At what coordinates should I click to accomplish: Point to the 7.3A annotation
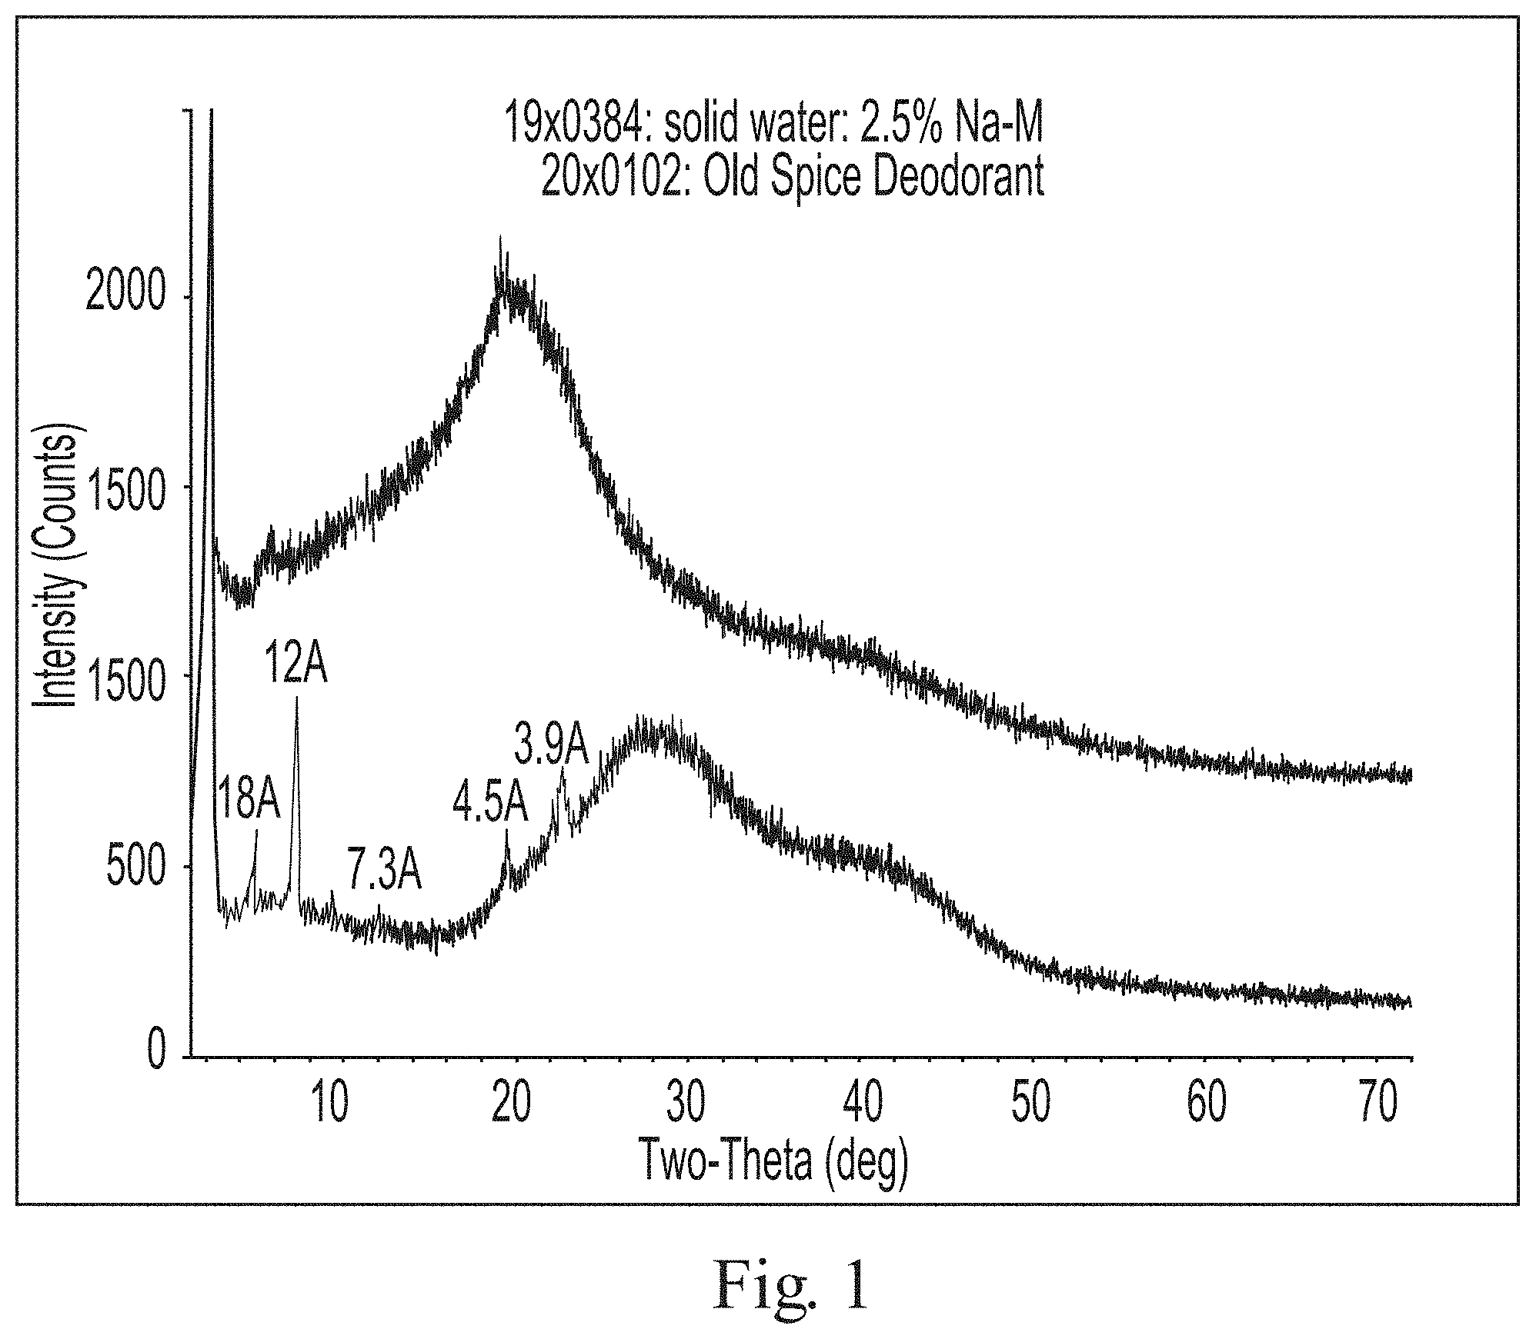(x=384, y=870)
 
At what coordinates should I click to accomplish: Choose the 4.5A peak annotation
(x=490, y=804)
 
